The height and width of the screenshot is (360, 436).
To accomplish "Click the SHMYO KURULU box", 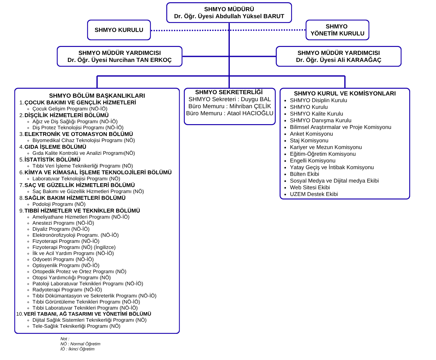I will pyautogui.click(x=119, y=30).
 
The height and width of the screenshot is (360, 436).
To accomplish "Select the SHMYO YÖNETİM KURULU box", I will pyautogui.click(x=337, y=30).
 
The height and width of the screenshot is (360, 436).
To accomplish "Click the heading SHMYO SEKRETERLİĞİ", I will pyautogui.click(x=229, y=92).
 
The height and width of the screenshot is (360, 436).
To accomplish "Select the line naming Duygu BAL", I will pyautogui.click(x=229, y=99).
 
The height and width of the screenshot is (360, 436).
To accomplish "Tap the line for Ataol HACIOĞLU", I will pyautogui.click(x=229, y=113).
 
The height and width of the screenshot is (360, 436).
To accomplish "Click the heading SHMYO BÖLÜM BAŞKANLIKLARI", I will pyautogui.click(x=97, y=96).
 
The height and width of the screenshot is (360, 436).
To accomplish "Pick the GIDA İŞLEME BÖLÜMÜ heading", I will pyautogui.click(x=55, y=147).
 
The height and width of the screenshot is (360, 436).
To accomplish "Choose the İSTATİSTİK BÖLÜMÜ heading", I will pyautogui.click(x=52, y=160).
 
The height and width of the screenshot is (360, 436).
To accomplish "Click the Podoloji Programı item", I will pyautogui.click(x=59, y=204).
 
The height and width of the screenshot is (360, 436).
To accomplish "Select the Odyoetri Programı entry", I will pyautogui.click(x=63, y=259).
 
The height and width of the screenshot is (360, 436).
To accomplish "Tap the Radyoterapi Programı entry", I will pyautogui.click(x=67, y=290).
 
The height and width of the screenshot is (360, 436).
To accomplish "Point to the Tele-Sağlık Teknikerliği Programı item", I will pyautogui.click(x=76, y=326).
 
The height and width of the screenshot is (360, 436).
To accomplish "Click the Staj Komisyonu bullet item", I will pyautogui.click(x=309, y=141).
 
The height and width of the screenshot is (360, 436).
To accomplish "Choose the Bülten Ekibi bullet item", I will pyautogui.click(x=304, y=174).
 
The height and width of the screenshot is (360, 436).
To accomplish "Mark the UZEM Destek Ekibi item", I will pyautogui.click(x=314, y=194).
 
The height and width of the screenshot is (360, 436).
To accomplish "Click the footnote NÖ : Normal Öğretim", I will pyautogui.click(x=80, y=344).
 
